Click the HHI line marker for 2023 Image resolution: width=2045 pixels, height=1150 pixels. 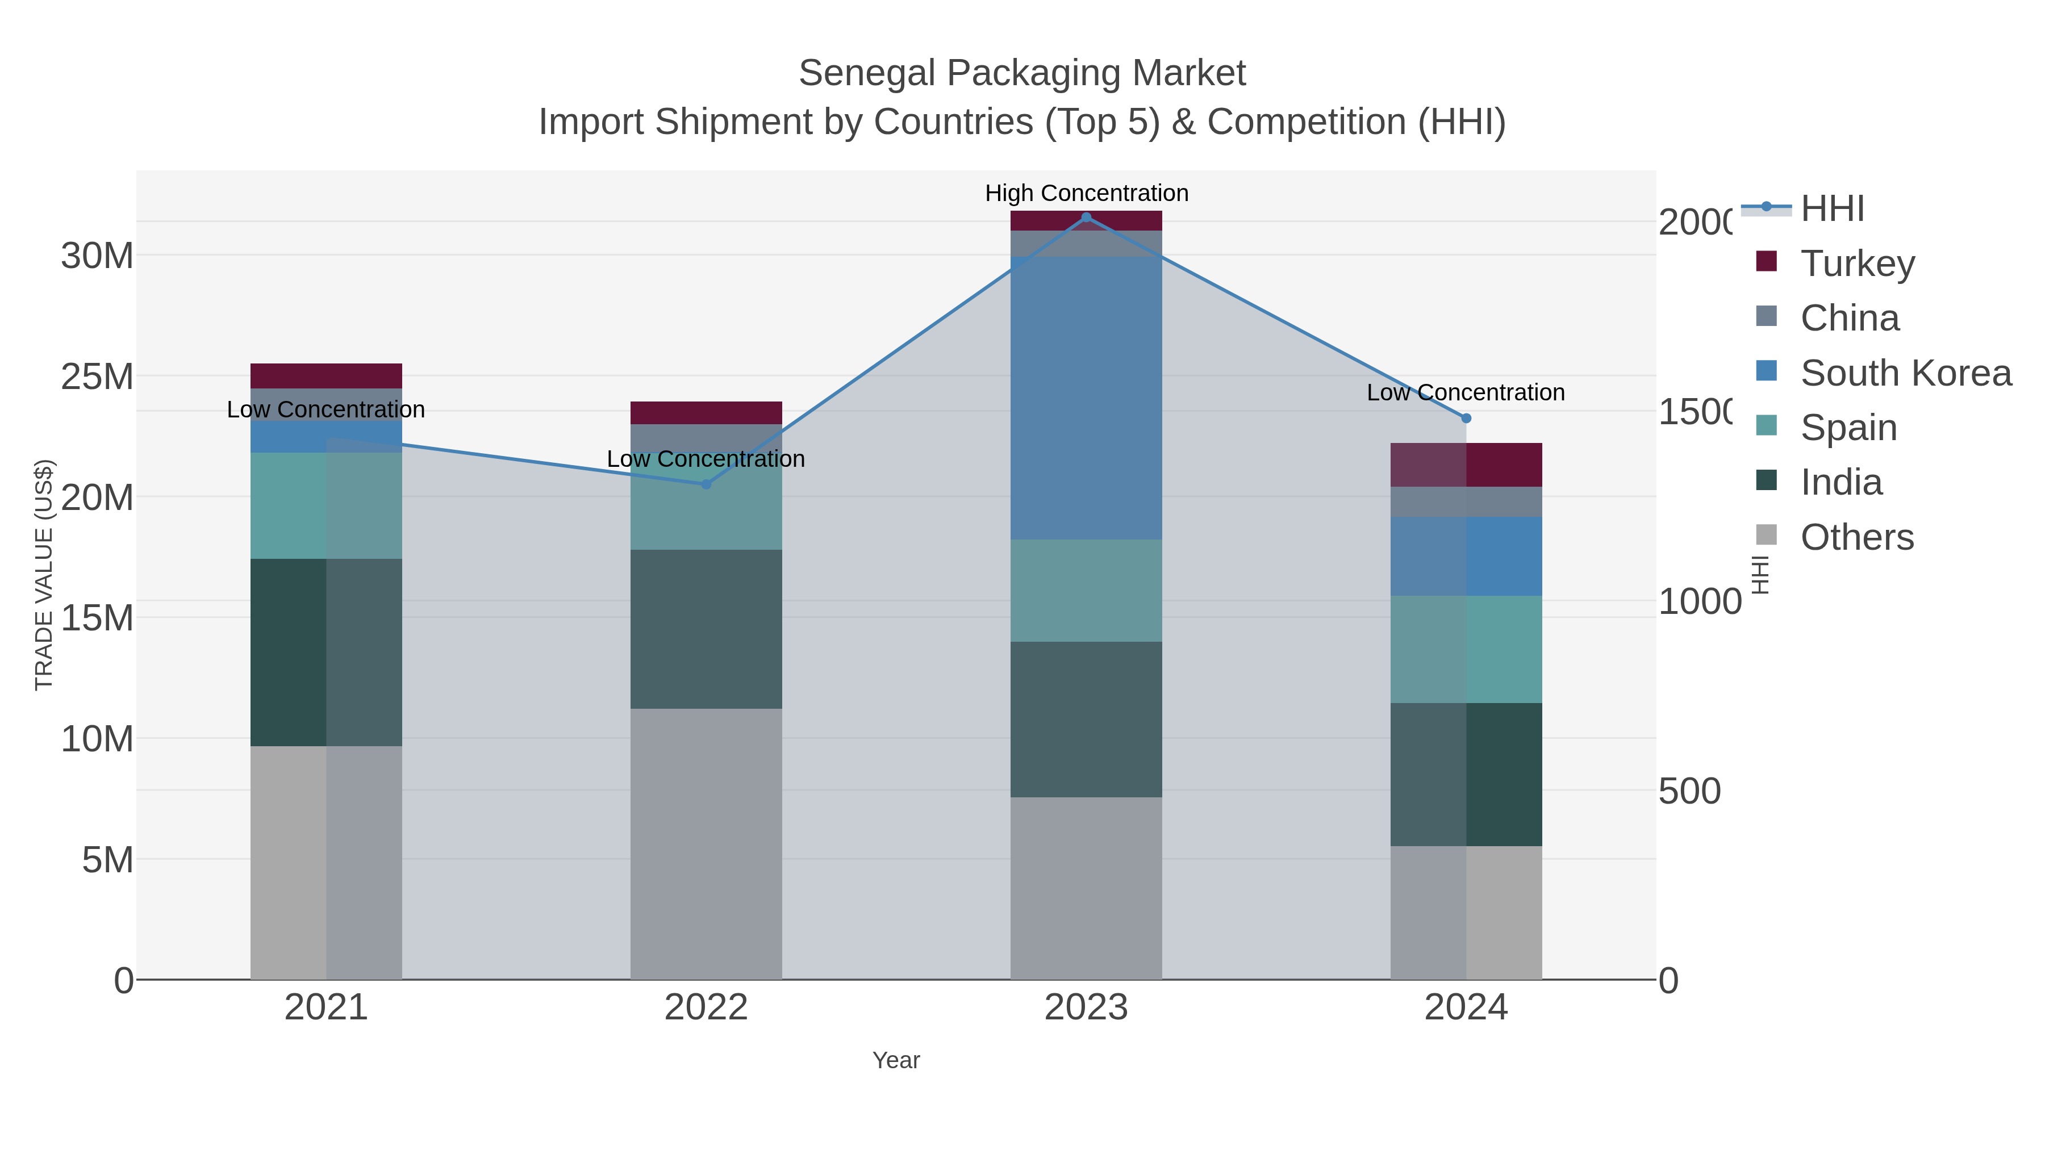click(x=1086, y=218)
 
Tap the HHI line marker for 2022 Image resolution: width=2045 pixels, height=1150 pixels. click(x=706, y=484)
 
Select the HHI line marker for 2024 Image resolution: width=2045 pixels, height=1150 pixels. click(x=1466, y=418)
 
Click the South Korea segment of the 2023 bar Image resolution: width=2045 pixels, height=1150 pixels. click(x=1086, y=397)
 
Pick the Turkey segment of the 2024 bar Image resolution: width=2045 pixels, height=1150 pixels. click(x=1466, y=465)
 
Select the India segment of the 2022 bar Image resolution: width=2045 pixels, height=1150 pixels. click(x=706, y=629)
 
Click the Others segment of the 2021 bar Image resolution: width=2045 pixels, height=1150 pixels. click(x=325, y=862)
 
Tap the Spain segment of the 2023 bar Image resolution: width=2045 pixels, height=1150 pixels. click(x=1086, y=591)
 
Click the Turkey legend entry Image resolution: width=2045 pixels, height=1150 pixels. click(x=1858, y=264)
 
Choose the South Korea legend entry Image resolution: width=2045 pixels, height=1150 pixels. click(x=1905, y=373)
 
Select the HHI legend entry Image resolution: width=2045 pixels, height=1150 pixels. click(x=1832, y=209)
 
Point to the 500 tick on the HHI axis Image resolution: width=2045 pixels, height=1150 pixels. click(x=1689, y=791)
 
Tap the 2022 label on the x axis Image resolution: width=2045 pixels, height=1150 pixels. click(x=706, y=1008)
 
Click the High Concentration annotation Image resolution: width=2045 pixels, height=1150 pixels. click(x=1086, y=193)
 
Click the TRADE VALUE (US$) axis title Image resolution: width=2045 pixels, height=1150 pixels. click(x=44, y=575)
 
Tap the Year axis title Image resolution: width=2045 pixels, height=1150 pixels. click(x=895, y=1060)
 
